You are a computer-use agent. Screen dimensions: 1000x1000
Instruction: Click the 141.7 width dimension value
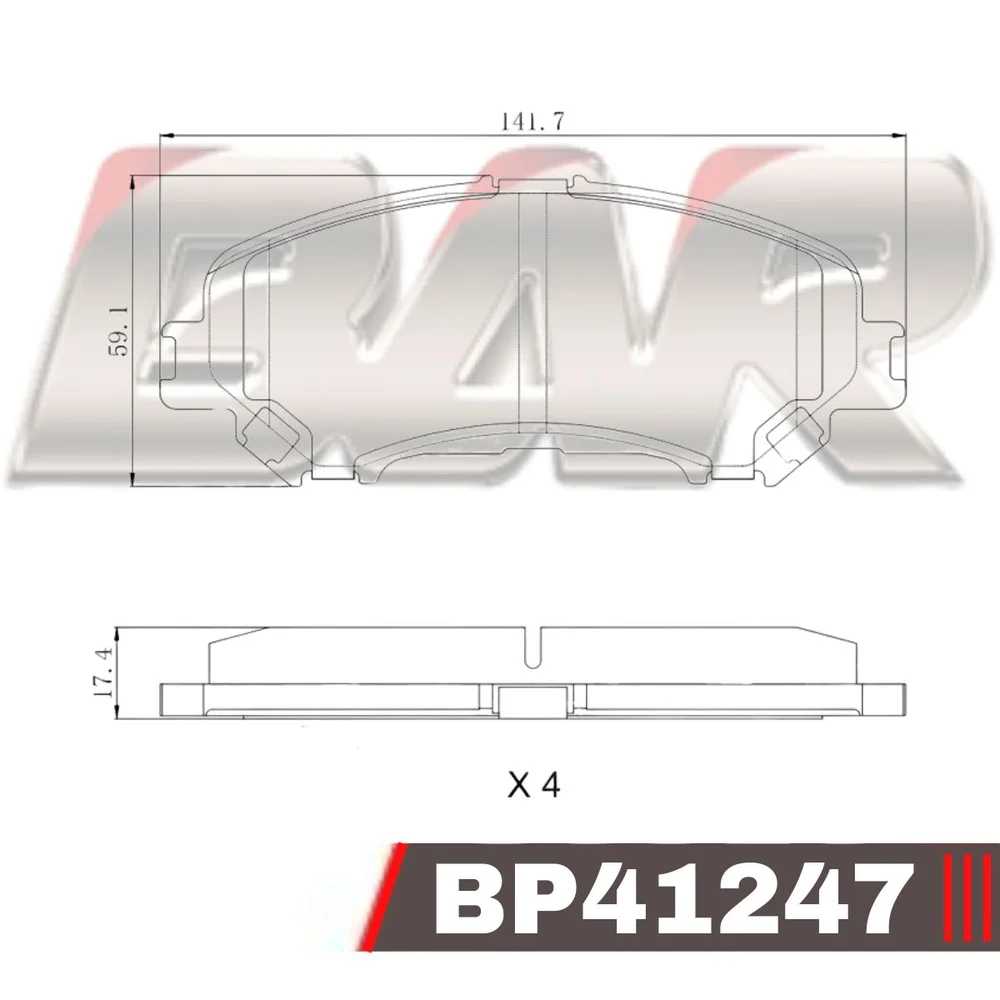click(532, 121)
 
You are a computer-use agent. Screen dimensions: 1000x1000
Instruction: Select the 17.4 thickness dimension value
click(104, 672)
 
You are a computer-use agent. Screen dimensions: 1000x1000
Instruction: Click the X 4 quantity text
click(534, 785)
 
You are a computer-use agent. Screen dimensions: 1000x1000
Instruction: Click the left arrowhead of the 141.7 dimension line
click(165, 135)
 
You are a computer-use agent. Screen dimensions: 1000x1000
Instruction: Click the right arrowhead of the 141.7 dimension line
click(897, 135)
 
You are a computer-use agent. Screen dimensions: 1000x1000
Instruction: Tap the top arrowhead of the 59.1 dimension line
click(133, 183)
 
